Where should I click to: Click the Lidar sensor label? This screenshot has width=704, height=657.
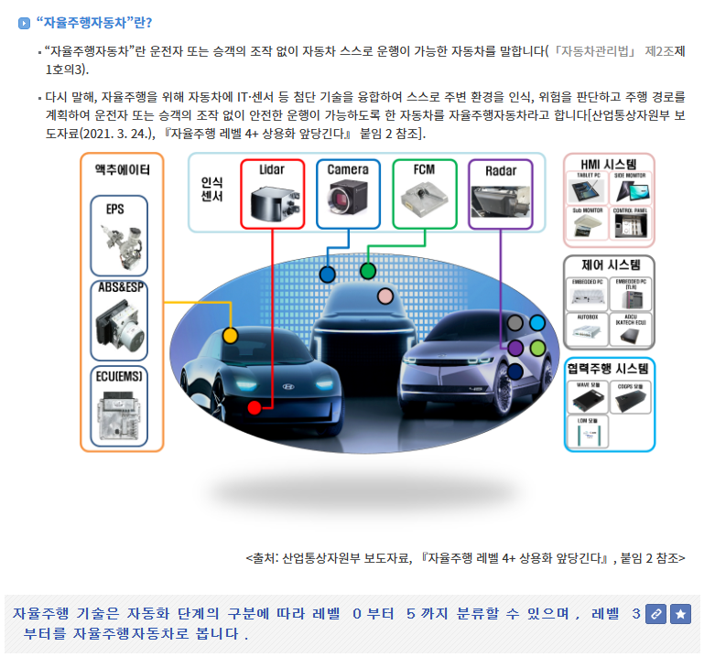(x=272, y=170)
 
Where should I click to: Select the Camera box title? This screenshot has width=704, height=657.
(x=348, y=170)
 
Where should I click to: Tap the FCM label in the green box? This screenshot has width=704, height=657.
(x=424, y=170)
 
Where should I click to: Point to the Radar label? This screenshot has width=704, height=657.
(x=501, y=170)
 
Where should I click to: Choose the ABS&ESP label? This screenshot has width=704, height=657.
(x=121, y=287)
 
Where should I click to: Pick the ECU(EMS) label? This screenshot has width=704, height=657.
(x=121, y=375)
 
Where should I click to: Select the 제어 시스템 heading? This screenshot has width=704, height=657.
(x=610, y=265)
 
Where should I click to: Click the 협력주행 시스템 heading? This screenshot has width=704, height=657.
(x=609, y=368)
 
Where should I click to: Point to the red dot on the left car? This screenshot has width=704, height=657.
(x=255, y=407)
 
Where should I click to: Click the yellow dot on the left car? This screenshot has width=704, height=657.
(x=231, y=336)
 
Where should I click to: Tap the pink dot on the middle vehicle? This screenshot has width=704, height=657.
(x=385, y=296)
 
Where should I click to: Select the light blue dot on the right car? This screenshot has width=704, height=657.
(x=537, y=323)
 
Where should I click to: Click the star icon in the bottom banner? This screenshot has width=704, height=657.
(x=679, y=614)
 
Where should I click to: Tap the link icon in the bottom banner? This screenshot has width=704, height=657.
(x=655, y=614)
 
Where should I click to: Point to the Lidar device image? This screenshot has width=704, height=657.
(x=272, y=201)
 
